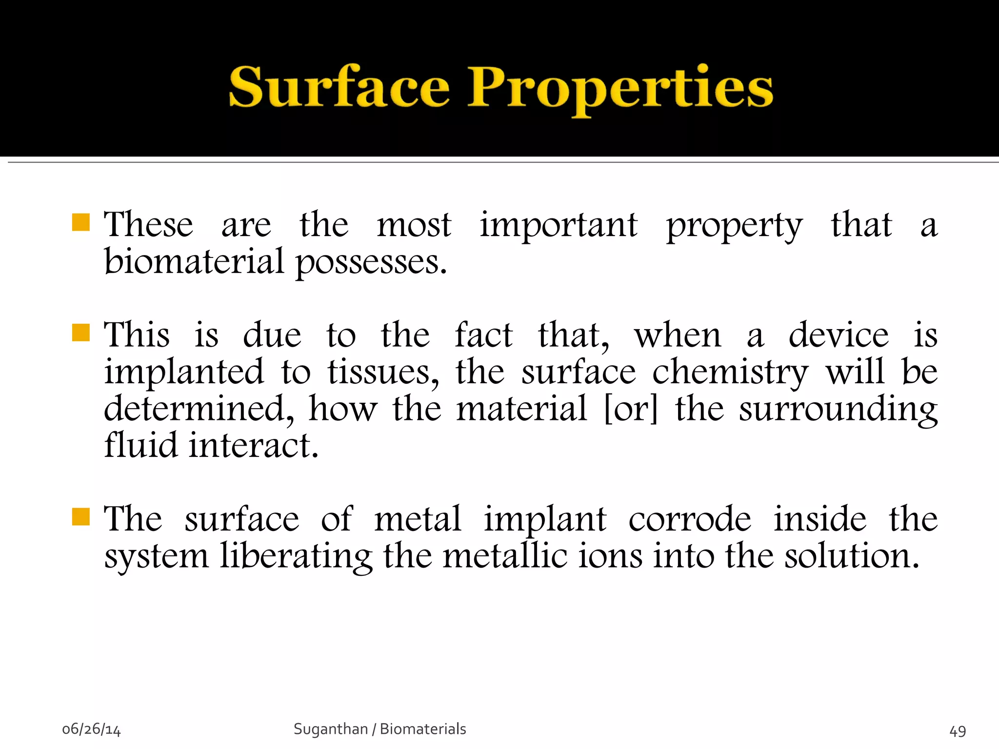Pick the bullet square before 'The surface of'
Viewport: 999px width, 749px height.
pos(80,516)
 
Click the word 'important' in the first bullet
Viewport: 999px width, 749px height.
pos(559,225)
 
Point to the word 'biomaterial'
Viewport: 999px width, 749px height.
pos(194,262)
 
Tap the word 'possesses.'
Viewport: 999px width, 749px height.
pos(371,263)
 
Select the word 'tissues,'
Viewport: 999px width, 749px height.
pos(383,373)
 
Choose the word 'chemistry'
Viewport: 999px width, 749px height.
pos(730,374)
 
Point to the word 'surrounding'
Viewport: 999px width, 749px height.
pos(838,410)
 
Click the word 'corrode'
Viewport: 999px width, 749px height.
pos(689,519)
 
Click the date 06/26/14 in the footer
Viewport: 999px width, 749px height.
pos(91,729)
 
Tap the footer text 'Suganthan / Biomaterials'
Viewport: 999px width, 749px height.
pos(380,729)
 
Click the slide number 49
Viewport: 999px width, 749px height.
pos(958,731)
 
